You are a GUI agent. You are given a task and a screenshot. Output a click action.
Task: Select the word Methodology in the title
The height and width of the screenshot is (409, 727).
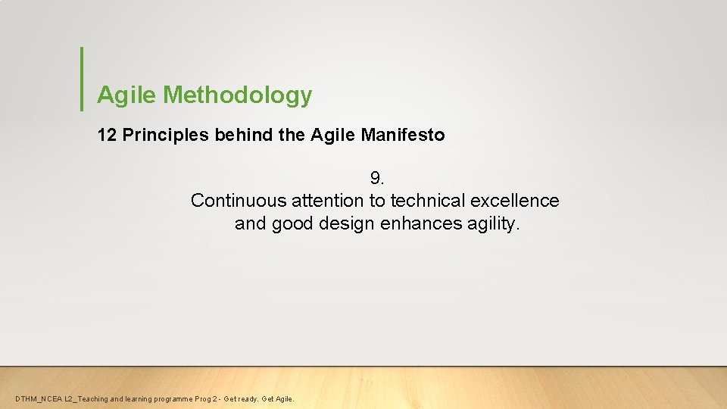pos(237,95)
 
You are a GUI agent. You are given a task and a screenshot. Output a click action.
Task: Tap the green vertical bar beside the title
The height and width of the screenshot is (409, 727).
pos(81,79)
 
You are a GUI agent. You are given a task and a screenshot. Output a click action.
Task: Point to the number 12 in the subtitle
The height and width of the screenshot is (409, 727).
pos(107,136)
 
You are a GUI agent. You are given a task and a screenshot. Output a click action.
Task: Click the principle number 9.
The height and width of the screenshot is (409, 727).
pos(377,178)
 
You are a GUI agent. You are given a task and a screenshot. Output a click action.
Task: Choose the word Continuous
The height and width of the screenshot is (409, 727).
pos(239,201)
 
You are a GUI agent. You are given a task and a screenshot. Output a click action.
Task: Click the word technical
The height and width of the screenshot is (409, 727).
pos(427,201)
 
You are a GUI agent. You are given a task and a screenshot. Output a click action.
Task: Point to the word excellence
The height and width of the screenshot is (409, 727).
pos(515,201)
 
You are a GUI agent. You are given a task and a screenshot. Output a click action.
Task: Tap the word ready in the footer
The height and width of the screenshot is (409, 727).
pos(245,399)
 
